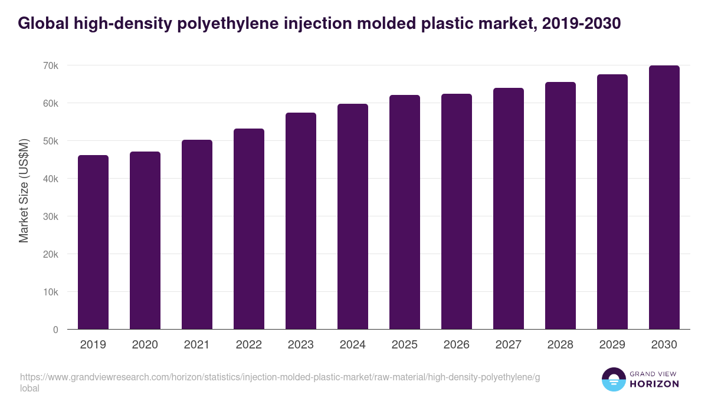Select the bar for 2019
click(x=93, y=242)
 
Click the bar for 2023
click(x=301, y=221)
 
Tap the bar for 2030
click(x=664, y=198)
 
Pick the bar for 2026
click(x=457, y=212)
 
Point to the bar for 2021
click(x=197, y=235)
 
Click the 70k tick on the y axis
click(x=51, y=65)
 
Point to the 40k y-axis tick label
click(x=51, y=179)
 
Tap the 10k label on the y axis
click(x=51, y=292)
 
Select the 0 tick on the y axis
click(x=55, y=330)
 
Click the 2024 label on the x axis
click(x=353, y=345)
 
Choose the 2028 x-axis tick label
click(x=560, y=345)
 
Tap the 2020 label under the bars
click(x=145, y=345)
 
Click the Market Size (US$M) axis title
click(x=24, y=190)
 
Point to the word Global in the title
click(x=42, y=24)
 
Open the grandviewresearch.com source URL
click(x=280, y=377)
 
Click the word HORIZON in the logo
click(x=655, y=384)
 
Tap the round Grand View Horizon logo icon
click(x=614, y=380)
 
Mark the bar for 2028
click(x=560, y=206)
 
